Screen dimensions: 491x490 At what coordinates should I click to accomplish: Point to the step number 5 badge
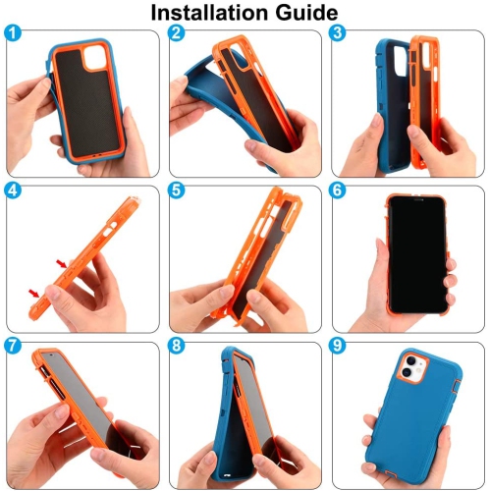[177, 190]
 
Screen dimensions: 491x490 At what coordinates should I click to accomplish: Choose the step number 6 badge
[340, 190]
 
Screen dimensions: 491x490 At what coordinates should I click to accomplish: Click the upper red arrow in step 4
[62, 263]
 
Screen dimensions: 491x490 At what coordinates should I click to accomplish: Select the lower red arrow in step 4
[36, 292]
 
